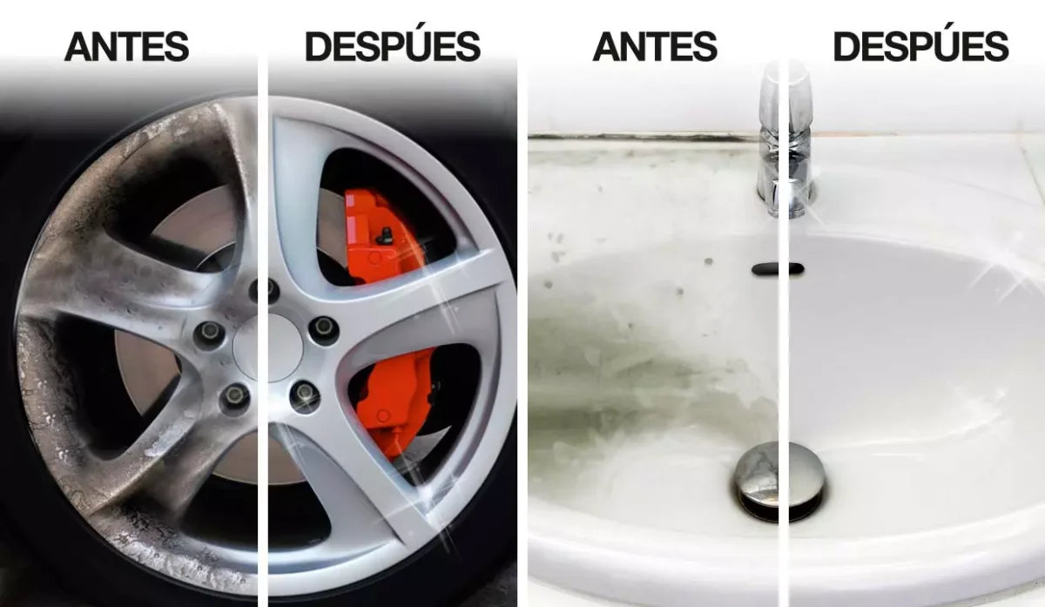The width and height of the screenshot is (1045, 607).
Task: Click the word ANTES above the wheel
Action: click(x=126, y=46)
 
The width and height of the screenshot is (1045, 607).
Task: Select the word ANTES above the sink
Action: click(x=655, y=46)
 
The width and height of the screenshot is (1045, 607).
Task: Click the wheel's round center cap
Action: click(x=267, y=347)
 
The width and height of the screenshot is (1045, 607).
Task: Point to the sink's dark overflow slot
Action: click(x=778, y=269)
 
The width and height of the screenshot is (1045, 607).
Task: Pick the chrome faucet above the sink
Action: click(x=787, y=140)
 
